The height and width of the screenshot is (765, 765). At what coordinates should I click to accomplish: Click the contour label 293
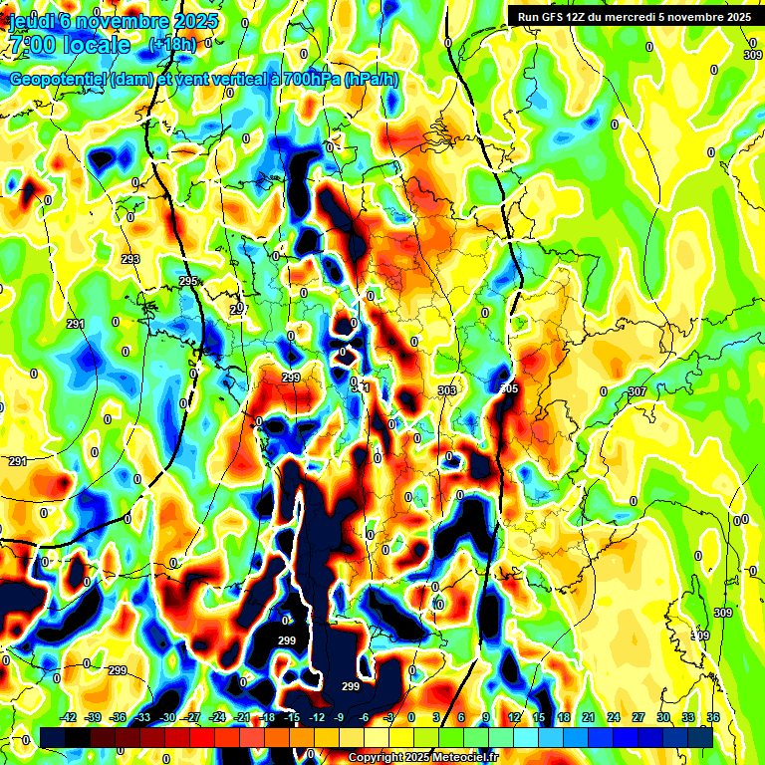[x=130, y=259]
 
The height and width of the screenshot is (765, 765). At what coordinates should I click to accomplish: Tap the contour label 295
[x=188, y=282]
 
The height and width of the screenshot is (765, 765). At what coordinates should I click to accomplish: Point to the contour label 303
[x=447, y=390]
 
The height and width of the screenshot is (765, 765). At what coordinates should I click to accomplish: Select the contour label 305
[x=509, y=388]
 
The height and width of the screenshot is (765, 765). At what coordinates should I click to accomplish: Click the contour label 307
[x=637, y=391]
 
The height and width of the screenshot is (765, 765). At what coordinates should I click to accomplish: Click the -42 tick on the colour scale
[x=69, y=717]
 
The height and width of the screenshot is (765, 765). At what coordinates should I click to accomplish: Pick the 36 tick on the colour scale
[x=712, y=717]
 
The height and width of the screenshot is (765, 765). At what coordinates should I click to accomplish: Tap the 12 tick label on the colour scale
[x=514, y=717]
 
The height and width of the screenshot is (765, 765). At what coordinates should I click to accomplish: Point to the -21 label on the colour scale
[x=241, y=717]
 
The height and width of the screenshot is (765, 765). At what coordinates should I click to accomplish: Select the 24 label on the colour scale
[x=614, y=717]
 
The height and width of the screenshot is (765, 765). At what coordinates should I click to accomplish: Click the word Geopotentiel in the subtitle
[x=58, y=79]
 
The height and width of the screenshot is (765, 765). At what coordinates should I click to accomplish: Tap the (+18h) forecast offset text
[x=173, y=45]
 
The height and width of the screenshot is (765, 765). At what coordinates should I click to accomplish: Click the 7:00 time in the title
[x=29, y=45]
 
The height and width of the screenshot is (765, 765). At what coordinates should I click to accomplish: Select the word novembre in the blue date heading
[x=128, y=20]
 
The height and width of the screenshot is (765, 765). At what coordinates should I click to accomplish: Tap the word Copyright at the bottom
[x=377, y=757]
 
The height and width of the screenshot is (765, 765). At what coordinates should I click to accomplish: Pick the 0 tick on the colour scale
[x=412, y=717]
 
